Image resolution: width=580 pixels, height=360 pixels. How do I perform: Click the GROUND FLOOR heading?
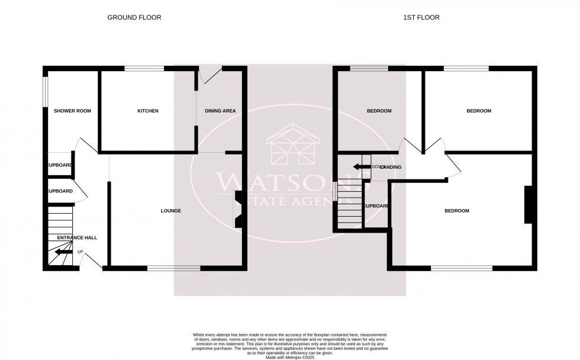point(134,17)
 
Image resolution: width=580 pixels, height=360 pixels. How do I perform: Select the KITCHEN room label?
point(147,111)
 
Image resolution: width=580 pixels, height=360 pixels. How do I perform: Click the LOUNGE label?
point(170,211)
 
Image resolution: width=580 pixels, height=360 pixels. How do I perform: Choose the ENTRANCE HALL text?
point(77,237)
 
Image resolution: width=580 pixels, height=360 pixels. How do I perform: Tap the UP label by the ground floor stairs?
point(80,252)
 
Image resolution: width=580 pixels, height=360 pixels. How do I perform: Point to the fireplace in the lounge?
point(238,210)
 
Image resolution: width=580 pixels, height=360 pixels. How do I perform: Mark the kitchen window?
point(144,69)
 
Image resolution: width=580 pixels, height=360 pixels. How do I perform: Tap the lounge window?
point(173,269)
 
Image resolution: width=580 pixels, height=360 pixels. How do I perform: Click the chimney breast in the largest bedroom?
point(527,205)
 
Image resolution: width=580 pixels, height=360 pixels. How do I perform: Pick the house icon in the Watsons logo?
point(292,145)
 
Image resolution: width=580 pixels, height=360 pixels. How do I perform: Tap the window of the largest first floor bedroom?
point(461,269)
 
